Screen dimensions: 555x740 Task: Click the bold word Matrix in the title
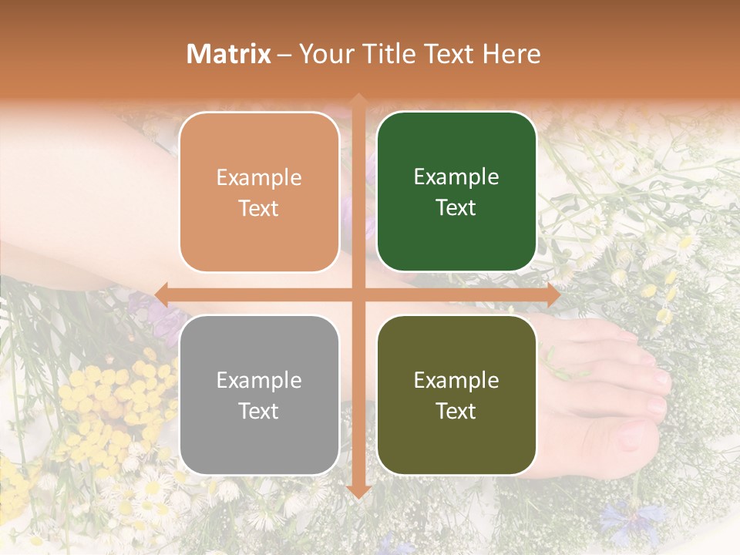(229, 54)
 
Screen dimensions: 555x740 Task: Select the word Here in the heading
(511, 54)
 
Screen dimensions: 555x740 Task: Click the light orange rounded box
(259, 192)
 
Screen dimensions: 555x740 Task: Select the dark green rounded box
(456, 192)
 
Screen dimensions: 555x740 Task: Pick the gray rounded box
(259, 395)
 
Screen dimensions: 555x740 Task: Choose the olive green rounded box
(456, 395)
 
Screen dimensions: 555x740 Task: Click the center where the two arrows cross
(358, 294)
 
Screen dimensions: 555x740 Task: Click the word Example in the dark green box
(456, 177)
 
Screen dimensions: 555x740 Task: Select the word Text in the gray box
(259, 411)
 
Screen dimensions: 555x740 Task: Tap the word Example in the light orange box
(259, 177)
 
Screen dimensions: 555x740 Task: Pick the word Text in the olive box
(456, 411)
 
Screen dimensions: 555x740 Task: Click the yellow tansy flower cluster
(100, 393)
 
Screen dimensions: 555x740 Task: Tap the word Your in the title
(325, 54)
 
